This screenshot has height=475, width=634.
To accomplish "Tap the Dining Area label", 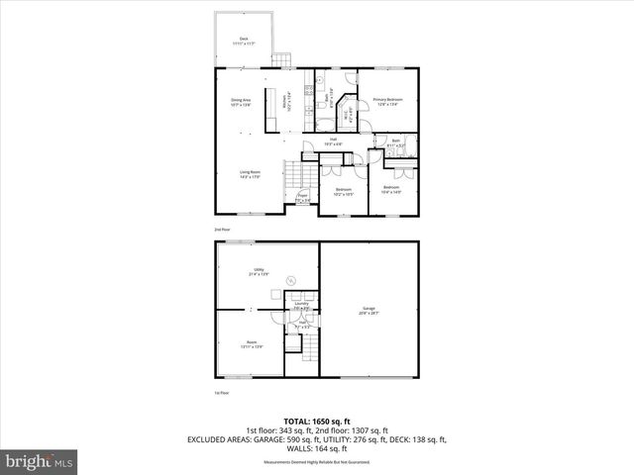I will [241, 101].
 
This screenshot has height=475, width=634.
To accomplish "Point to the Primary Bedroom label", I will [386, 101].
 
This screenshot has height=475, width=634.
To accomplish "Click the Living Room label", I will [250, 173].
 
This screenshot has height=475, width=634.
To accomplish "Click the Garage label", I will [369, 311].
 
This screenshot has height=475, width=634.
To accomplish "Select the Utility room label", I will [258, 269].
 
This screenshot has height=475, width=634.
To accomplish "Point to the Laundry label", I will [301, 305].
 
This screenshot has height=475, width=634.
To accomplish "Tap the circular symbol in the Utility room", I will [290, 281].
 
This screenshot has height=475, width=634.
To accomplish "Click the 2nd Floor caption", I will [221, 228].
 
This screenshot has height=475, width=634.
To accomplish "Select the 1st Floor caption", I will [221, 394].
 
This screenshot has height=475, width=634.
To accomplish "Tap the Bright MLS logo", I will [40, 461].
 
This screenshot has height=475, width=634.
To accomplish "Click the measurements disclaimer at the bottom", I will [316, 462].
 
